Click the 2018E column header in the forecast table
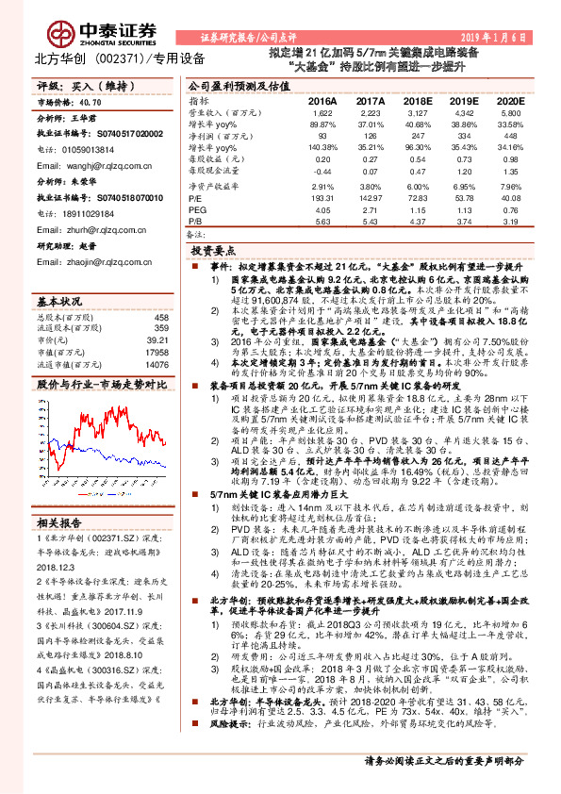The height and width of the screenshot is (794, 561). coord(417,100)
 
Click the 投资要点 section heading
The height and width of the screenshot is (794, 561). coord(212,253)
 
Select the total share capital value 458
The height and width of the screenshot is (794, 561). coord(161,318)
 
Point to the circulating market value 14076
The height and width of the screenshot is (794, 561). coord(157,363)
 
